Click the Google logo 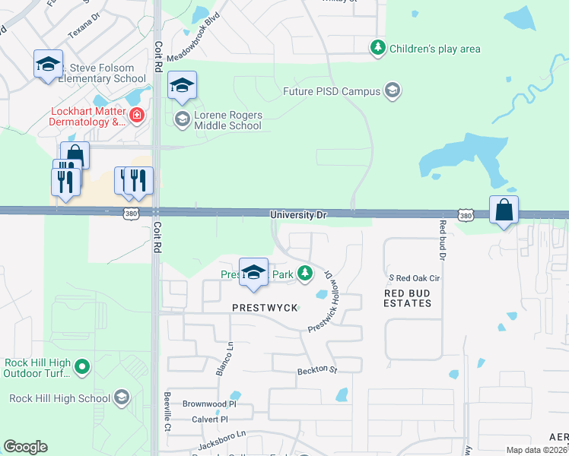(25, 447)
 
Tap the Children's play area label (434, 49)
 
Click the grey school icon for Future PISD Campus (393, 91)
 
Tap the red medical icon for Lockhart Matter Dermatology (137, 116)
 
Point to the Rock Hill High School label (59, 398)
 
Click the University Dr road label (299, 216)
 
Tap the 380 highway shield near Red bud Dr (466, 217)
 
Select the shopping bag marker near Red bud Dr (504, 210)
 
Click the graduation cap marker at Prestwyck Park (253, 272)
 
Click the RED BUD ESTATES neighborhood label (408, 298)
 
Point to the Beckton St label (316, 369)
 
